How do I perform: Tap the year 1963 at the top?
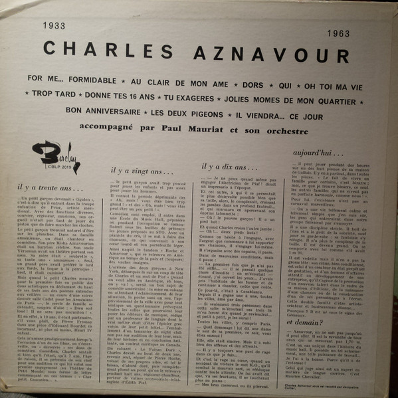tap(343, 33)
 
